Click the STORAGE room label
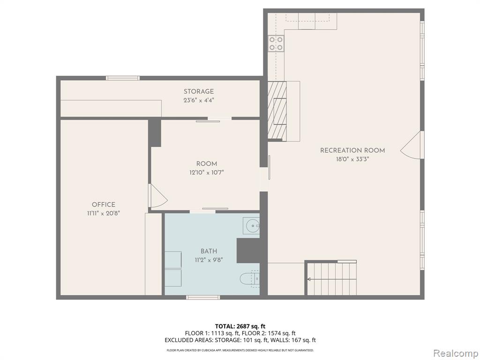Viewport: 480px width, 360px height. (199, 91)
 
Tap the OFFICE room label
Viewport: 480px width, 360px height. (104, 204)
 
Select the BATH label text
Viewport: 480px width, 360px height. (209, 251)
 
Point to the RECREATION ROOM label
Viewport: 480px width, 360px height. (352, 150)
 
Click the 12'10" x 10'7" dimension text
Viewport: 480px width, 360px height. (207, 172)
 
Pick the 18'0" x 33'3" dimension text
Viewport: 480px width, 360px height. (352, 159)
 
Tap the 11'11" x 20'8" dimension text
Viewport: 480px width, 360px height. (103, 213)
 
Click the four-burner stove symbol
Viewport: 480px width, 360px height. (276, 43)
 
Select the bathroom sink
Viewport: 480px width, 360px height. (251, 226)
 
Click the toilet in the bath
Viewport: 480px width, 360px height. (250, 279)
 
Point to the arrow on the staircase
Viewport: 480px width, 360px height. (332, 279)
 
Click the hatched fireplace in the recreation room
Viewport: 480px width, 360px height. (277, 111)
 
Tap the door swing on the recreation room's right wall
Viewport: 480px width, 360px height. (412, 145)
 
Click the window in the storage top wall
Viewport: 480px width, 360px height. (123, 78)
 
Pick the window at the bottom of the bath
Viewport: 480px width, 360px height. (203, 297)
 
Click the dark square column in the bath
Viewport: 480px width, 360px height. (248, 251)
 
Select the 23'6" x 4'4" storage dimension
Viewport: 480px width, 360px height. (199, 100)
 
